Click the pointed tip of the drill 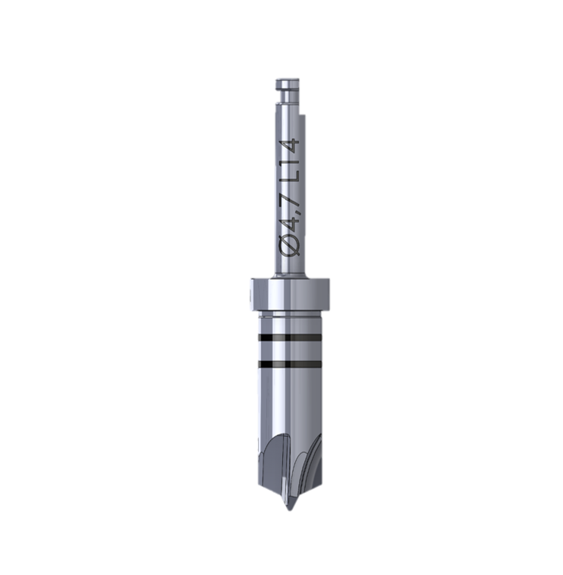pos(289,509)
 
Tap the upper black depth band pos(290,337)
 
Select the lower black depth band pos(290,364)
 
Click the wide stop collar pos(290,294)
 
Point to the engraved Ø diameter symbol pos(291,245)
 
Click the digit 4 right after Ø pos(291,225)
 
